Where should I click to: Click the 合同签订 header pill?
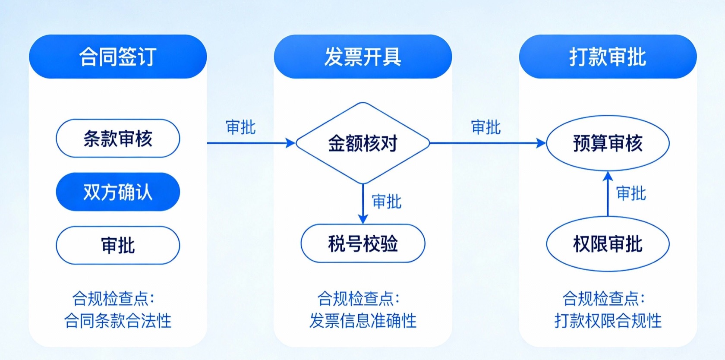tap(118, 56)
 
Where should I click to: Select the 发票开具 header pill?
tap(363, 56)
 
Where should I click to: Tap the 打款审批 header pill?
tap(608, 56)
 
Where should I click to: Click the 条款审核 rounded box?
tap(118, 138)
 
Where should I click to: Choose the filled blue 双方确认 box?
tap(118, 192)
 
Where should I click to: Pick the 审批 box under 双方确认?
tap(118, 245)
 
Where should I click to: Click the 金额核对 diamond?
tap(363, 143)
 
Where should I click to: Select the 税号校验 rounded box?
tap(363, 243)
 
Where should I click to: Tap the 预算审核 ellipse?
tap(608, 143)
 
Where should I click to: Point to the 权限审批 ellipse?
tap(608, 244)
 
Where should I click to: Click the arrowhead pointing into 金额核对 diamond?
tap(290, 143)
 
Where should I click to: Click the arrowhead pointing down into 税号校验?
tap(363, 219)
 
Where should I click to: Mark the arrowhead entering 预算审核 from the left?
tap(541, 143)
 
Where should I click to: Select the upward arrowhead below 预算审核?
tap(608, 176)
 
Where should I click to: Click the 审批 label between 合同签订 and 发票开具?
tap(240, 127)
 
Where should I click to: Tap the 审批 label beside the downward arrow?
tap(387, 201)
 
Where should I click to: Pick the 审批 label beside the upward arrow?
tap(631, 193)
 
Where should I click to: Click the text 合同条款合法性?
tap(118, 320)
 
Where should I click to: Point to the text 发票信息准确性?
tap(363, 320)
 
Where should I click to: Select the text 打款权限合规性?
tap(608, 320)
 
